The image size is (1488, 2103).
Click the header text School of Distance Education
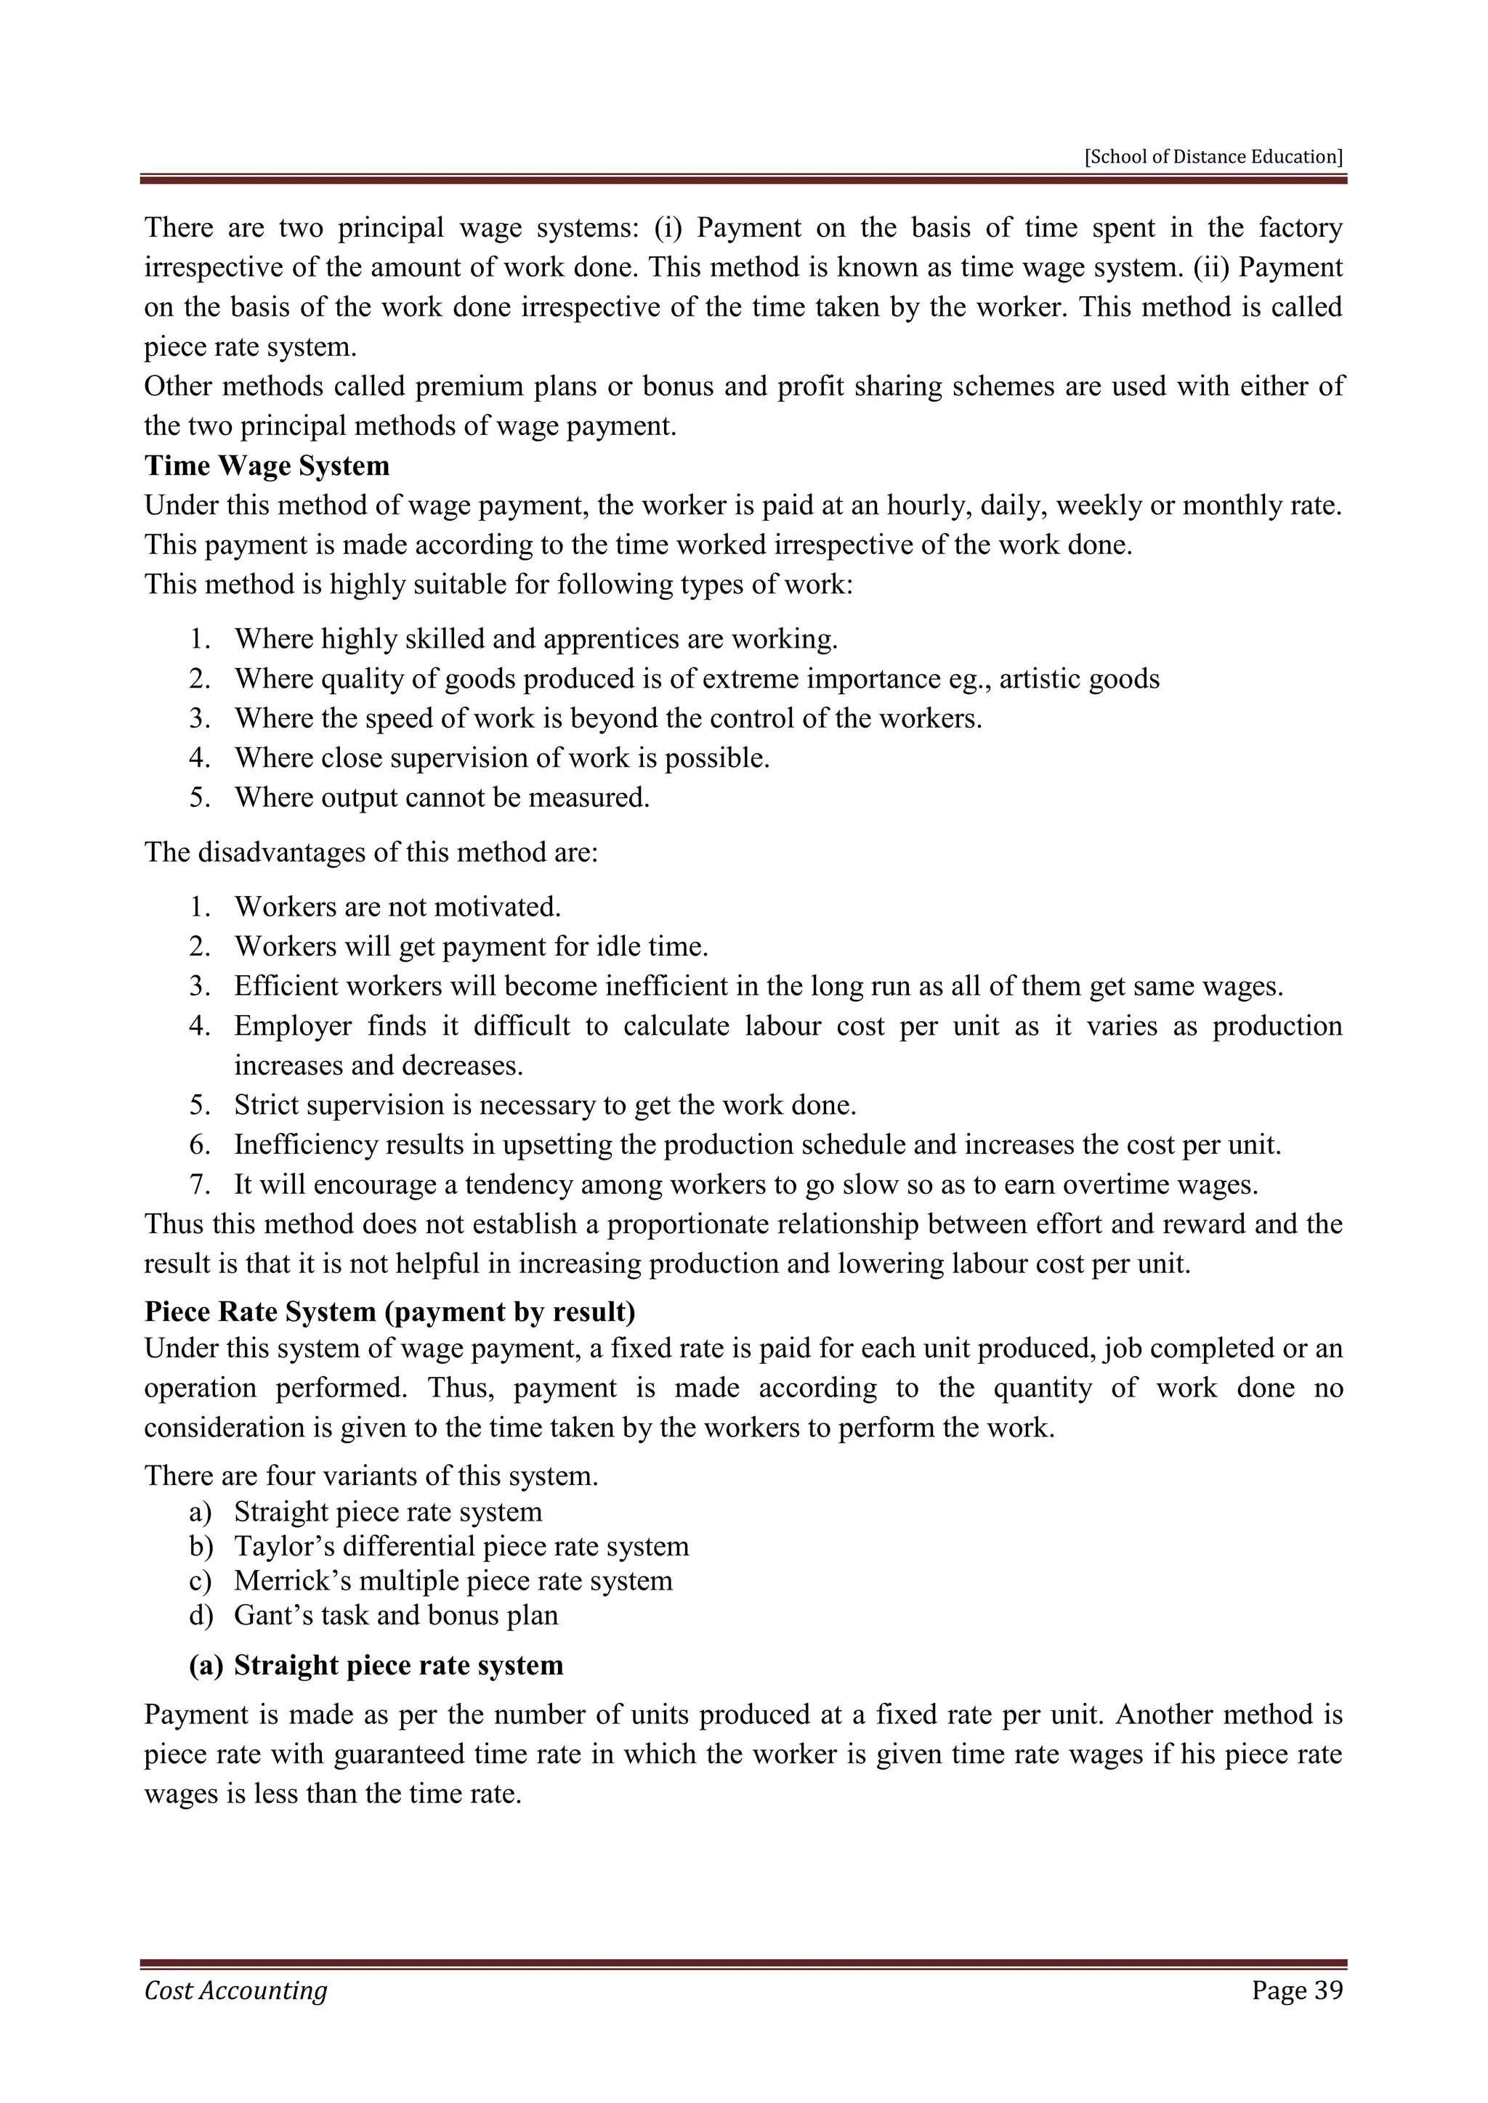(1213, 157)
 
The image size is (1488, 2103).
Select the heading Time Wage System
(267, 465)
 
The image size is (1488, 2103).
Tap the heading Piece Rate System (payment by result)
(389, 1311)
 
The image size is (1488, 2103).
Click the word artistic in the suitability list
(1042, 679)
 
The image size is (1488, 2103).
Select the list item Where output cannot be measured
(442, 798)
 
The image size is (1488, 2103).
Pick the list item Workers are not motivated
(397, 907)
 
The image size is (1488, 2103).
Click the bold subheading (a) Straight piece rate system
(376, 1665)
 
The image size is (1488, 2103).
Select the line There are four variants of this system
(371, 1476)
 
